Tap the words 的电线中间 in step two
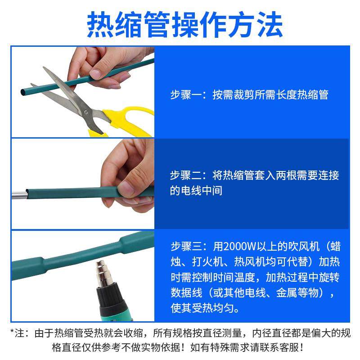[x=196, y=191]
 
